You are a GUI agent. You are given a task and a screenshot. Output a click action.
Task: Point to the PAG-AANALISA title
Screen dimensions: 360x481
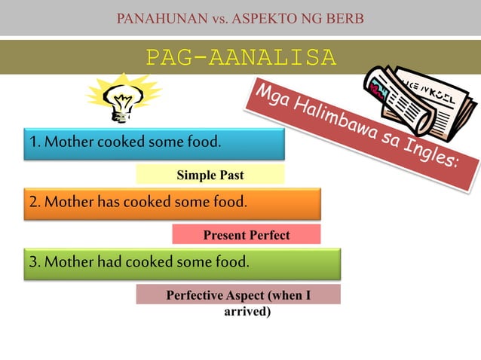pos(240,58)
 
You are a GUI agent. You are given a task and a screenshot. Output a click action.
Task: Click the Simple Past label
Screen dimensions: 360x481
pos(210,175)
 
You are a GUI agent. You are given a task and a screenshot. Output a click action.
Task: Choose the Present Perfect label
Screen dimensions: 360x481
pos(247,235)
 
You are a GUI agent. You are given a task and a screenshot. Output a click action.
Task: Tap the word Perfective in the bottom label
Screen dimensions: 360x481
pos(195,295)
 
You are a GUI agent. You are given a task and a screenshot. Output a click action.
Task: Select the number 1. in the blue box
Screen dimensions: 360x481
pos(35,142)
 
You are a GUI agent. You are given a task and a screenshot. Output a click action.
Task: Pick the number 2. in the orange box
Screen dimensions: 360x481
pos(35,202)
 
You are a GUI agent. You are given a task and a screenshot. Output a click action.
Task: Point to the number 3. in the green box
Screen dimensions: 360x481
pos(35,262)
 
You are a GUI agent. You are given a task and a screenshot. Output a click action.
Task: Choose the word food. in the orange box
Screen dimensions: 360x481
pos(228,202)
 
